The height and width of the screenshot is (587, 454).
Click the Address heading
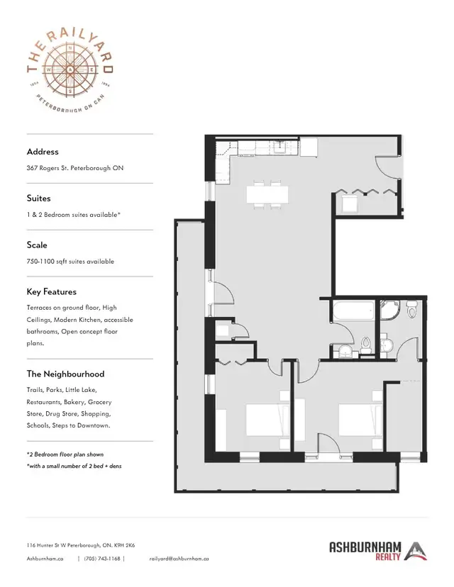tap(43, 152)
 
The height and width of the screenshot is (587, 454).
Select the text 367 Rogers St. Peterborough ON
tap(75, 168)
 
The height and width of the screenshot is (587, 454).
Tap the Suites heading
tap(38, 199)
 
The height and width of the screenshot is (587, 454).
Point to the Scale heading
tap(37, 245)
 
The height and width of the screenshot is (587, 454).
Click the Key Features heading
tap(51, 291)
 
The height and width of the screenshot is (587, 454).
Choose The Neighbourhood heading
tap(65, 374)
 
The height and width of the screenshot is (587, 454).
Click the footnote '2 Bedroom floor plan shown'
tap(65, 454)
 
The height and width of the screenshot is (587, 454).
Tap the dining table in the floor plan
tap(267, 194)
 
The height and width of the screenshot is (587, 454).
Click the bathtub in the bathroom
tap(353, 311)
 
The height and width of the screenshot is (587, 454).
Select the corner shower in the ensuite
tap(389, 310)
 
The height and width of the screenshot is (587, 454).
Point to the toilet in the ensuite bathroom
tap(411, 309)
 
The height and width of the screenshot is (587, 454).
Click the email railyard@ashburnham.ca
tap(179, 559)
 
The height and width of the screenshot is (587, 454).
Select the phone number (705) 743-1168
tap(102, 559)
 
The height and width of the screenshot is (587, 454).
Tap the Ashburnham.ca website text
tap(45, 559)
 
